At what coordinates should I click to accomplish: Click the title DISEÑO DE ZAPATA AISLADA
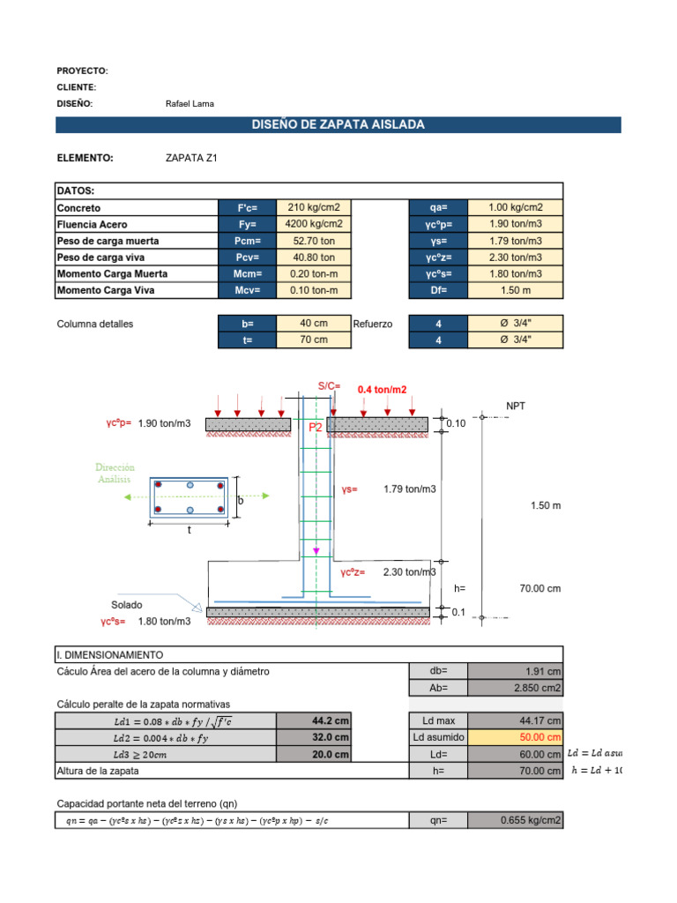[x=338, y=125]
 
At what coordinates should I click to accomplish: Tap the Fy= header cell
[x=247, y=224]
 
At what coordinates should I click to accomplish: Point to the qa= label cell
[x=438, y=208]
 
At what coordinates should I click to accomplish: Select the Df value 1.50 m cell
[x=516, y=290]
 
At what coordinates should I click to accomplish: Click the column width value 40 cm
[x=314, y=324]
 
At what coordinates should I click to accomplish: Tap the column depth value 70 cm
[x=314, y=340]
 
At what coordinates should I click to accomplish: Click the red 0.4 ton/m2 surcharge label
[x=383, y=389]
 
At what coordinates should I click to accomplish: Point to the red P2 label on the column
[x=316, y=427]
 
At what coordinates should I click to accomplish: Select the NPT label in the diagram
[x=516, y=406]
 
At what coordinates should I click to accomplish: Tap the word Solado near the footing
[x=126, y=605]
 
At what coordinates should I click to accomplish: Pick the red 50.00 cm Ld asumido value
[x=540, y=737]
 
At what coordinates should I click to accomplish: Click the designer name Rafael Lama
[x=190, y=104]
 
